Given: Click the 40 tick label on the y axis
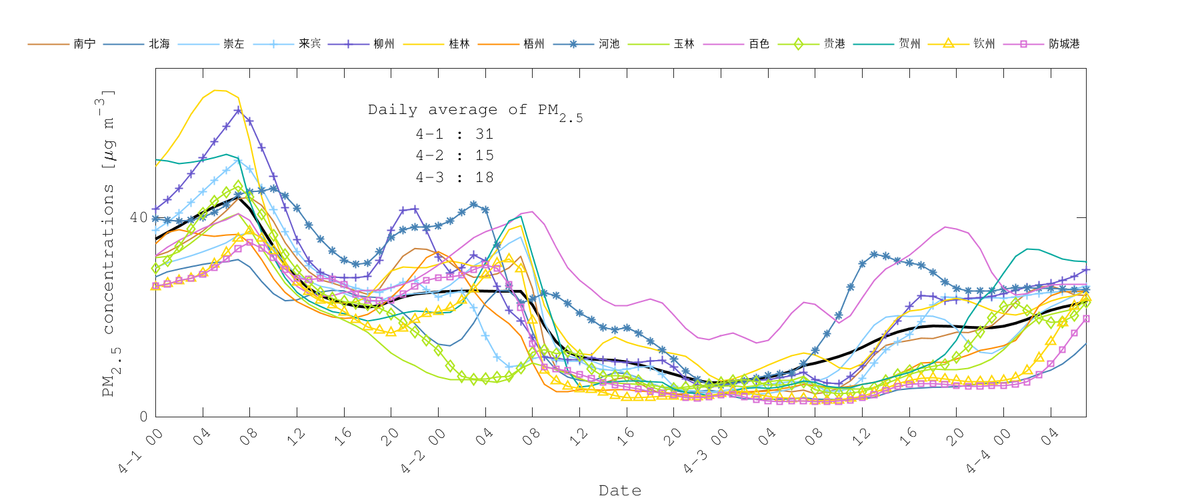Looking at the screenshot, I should tap(139, 217).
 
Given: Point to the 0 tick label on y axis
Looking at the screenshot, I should tap(143, 417).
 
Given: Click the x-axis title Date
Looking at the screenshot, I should tap(620, 491).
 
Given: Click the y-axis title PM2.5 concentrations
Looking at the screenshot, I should tap(108, 243).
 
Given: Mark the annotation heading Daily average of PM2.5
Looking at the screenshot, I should tap(475, 111).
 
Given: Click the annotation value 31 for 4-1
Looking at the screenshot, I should tap(485, 134).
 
